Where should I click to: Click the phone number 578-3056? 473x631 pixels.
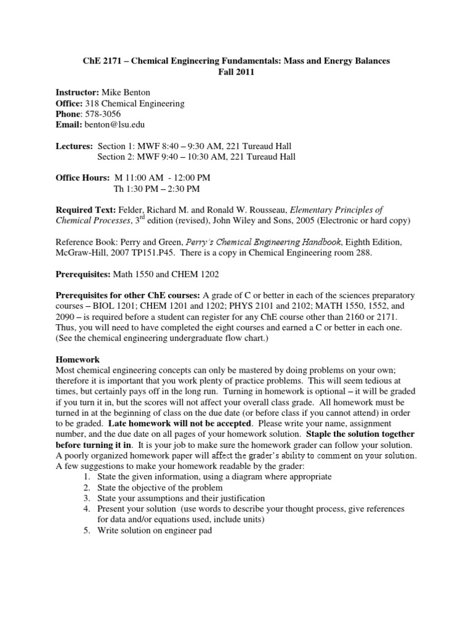(x=102, y=114)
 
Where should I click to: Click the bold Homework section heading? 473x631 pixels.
(x=78, y=359)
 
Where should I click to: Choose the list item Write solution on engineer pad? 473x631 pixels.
(x=155, y=530)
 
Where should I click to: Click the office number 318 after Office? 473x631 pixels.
(x=92, y=104)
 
